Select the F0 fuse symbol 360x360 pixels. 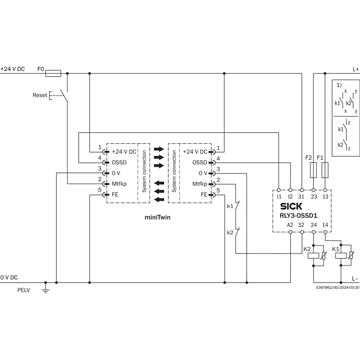click(x=54, y=72)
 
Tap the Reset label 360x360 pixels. click(x=40, y=95)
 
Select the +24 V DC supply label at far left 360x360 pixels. click(x=13, y=69)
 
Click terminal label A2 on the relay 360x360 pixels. click(x=290, y=225)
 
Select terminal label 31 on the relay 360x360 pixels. click(x=302, y=197)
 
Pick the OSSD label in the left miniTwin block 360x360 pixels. click(x=119, y=162)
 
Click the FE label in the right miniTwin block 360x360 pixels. click(x=204, y=194)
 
